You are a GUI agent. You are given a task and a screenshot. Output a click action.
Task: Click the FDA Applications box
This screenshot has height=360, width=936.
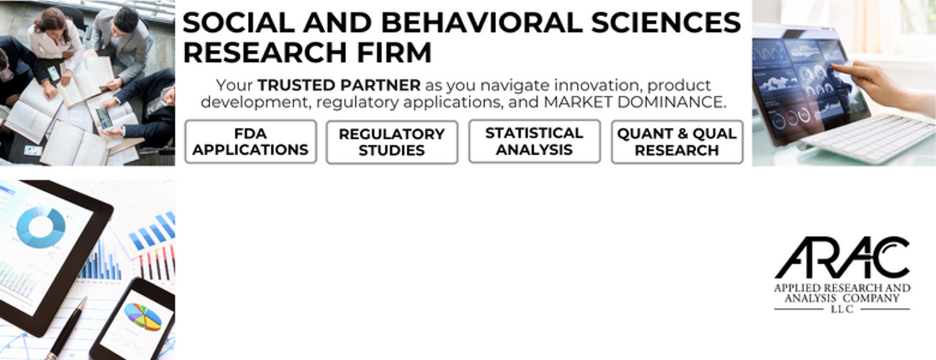pyautogui.click(x=251, y=142)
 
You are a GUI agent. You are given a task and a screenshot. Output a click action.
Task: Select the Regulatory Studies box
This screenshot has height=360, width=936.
pyautogui.click(x=392, y=142)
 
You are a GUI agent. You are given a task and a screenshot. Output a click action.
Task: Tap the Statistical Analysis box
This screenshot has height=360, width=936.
pyautogui.click(x=535, y=141)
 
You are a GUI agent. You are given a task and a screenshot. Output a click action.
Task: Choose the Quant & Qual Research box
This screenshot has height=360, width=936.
pyautogui.click(x=677, y=142)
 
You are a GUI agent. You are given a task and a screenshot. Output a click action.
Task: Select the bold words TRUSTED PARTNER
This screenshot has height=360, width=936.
pyautogui.click(x=339, y=85)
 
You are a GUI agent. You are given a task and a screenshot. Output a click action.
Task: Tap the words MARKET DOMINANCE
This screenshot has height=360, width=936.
pyautogui.click(x=634, y=103)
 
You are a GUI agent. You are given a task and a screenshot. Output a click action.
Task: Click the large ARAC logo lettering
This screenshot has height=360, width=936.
pyautogui.click(x=842, y=258)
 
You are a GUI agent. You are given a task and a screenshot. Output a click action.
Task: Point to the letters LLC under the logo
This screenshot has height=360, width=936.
pyautogui.click(x=842, y=310)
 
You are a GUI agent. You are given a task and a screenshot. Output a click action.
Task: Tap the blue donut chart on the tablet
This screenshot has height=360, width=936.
pyautogui.click(x=41, y=227)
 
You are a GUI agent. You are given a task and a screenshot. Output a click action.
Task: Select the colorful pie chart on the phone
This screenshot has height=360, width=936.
pyautogui.click(x=143, y=317)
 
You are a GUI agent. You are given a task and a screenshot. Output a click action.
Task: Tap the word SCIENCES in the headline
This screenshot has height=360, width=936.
pyautogui.click(x=666, y=23)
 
